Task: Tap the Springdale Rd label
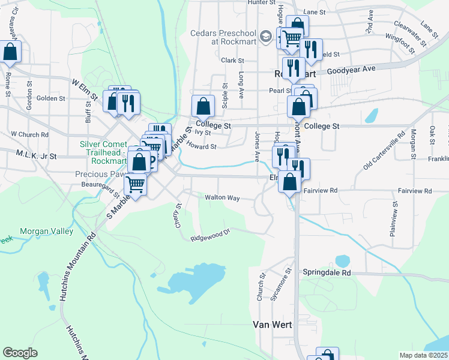click(x=327, y=272)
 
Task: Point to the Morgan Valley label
click(x=46, y=231)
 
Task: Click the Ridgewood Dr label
click(x=211, y=235)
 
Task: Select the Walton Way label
click(x=222, y=197)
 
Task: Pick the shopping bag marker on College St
click(x=203, y=107)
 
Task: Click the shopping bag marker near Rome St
click(x=10, y=52)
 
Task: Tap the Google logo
click(x=20, y=353)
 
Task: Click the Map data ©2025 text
click(x=423, y=355)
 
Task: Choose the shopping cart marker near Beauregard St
click(x=136, y=185)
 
